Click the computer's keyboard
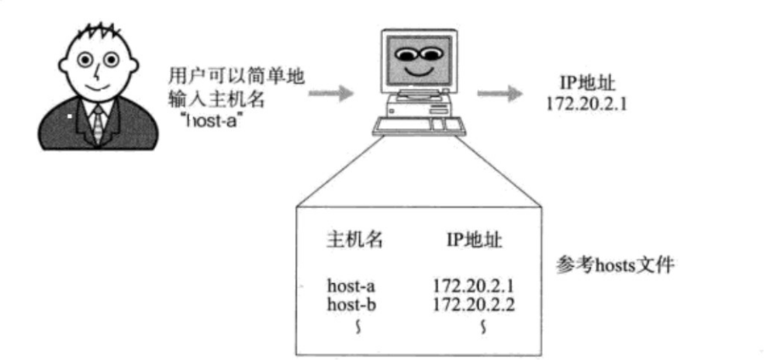pos(418,125)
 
